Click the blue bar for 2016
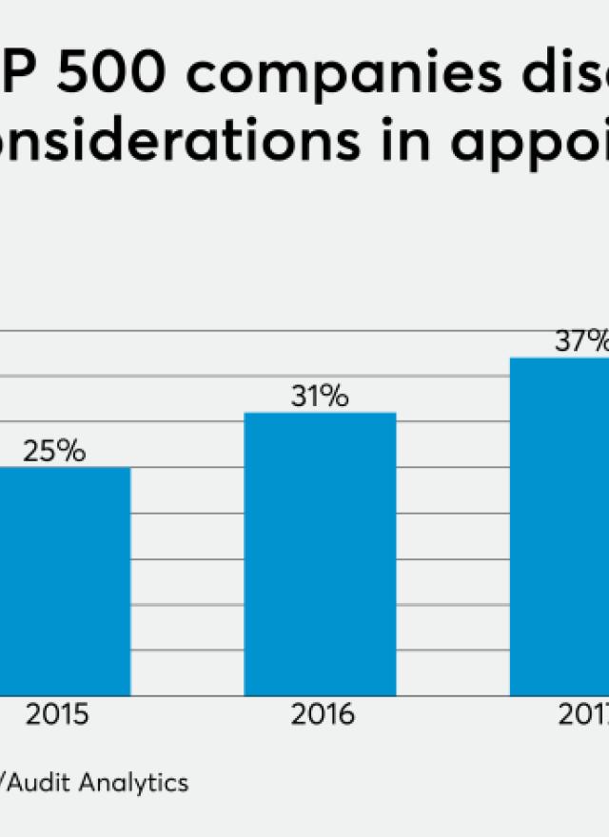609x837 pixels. (x=320, y=554)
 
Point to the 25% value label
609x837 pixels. (x=54, y=451)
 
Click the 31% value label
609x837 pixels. (x=320, y=397)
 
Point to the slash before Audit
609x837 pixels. (x=4, y=783)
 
